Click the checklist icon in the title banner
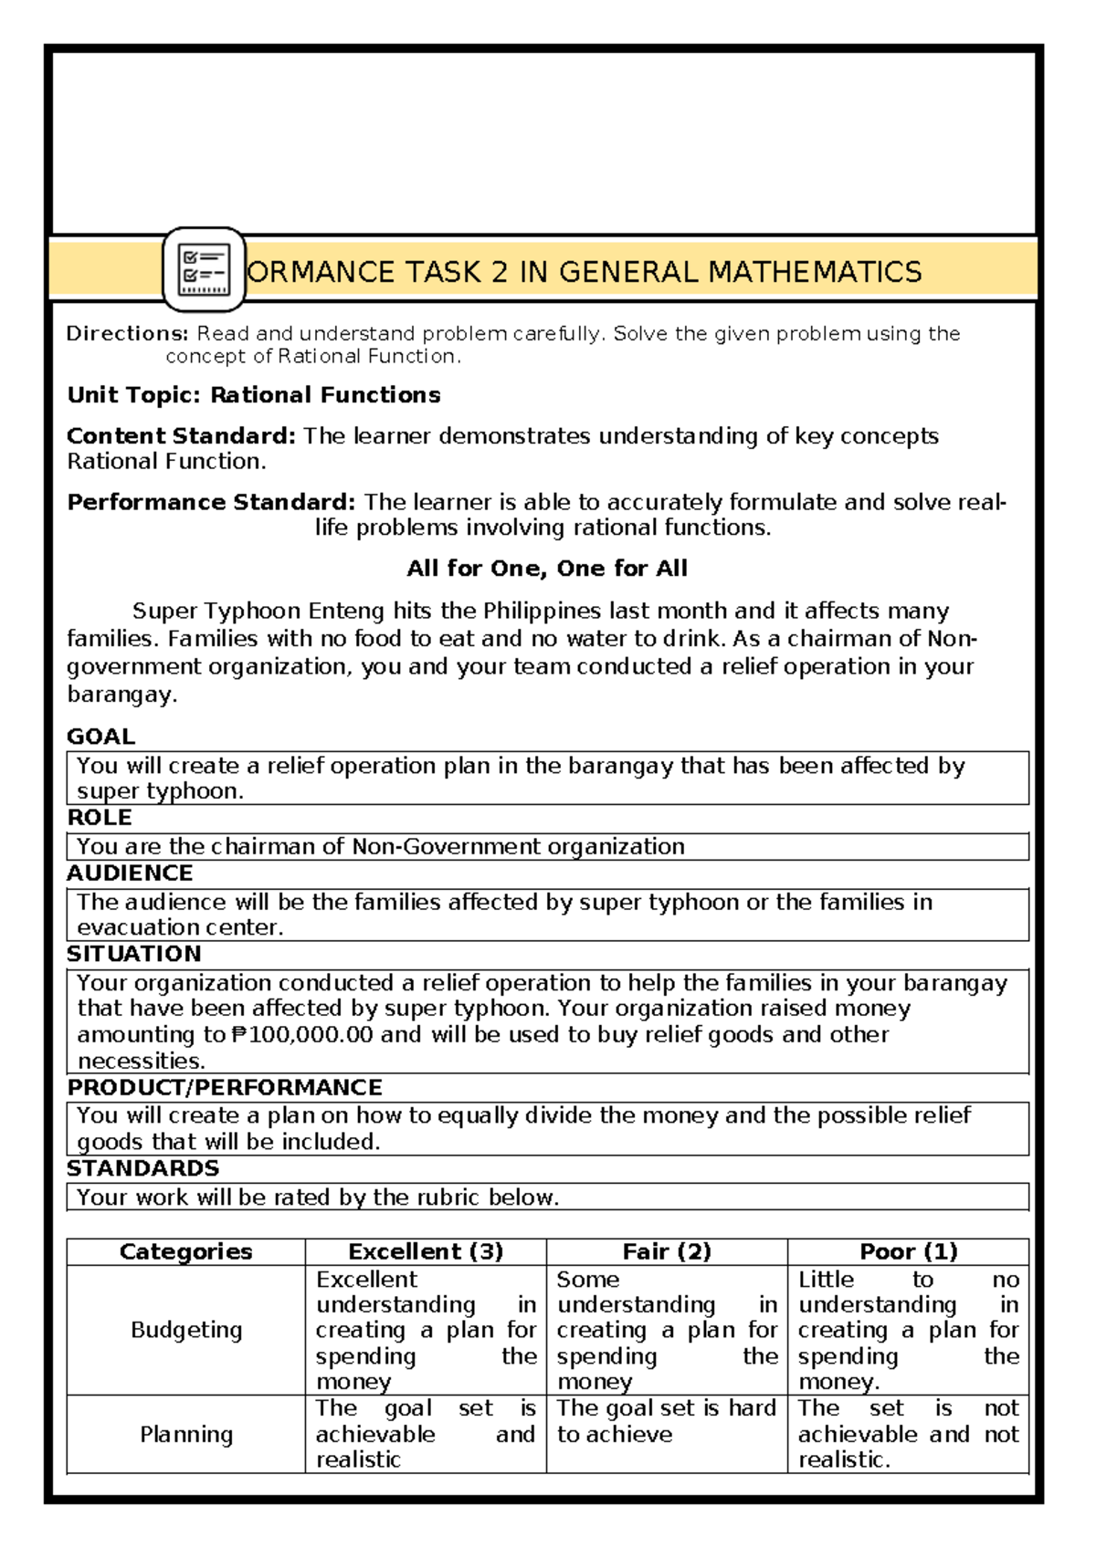tap(203, 269)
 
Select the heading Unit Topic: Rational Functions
tap(254, 395)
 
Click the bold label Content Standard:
tap(181, 436)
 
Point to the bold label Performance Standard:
tap(211, 502)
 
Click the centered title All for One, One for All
tap(547, 569)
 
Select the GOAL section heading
tap(100, 737)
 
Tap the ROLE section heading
tap(100, 817)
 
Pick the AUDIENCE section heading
tap(130, 873)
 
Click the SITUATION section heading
tap(134, 954)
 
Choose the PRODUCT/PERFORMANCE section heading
tap(225, 1087)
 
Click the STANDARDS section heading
tap(142, 1168)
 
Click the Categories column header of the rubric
tap(185, 1251)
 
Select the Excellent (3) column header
tap(426, 1251)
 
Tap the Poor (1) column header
tap(908, 1251)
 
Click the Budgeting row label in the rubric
tap(186, 1330)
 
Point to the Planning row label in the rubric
tap(186, 1435)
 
